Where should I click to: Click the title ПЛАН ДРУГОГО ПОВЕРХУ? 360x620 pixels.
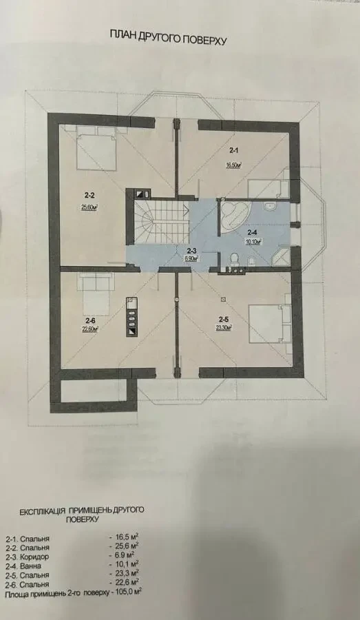tap(168, 38)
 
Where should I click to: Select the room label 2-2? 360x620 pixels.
tap(89, 194)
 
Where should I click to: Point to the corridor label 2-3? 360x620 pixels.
tap(191, 250)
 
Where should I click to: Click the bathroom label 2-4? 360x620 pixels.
tap(253, 232)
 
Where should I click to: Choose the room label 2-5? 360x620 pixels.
tap(223, 320)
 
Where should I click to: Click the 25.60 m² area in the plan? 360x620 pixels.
tap(89, 207)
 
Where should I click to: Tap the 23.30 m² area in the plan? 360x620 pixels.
tap(223, 328)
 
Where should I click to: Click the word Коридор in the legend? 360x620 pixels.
tap(34, 557)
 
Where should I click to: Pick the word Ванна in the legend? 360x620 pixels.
tap(30, 566)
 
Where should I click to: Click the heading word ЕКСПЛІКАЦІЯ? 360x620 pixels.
tap(39, 511)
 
